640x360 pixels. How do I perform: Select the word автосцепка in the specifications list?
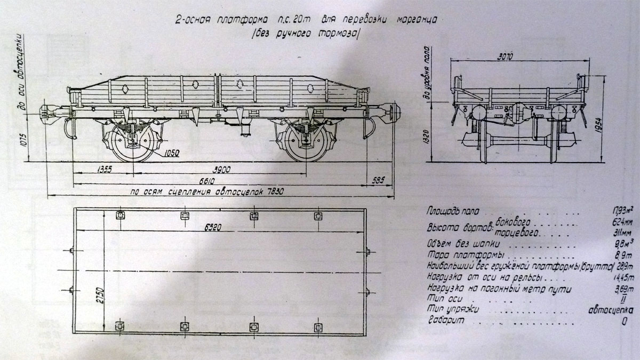[x=610, y=310]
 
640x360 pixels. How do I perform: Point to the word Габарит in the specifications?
[x=446, y=322]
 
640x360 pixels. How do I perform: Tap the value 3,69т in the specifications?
[x=621, y=289]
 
